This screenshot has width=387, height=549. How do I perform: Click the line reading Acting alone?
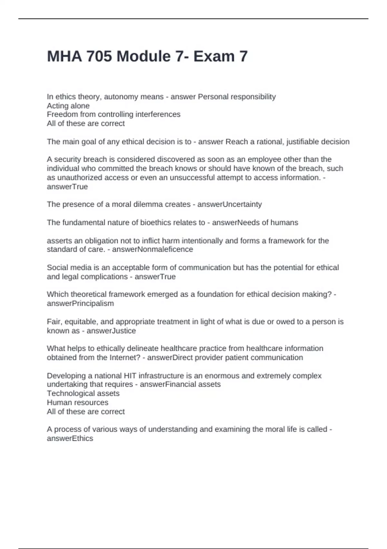pyautogui.click(x=68, y=106)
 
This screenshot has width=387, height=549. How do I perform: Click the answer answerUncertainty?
pyautogui.click(x=229, y=204)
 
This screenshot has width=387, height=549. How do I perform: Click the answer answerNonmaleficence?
pyautogui.click(x=152, y=249)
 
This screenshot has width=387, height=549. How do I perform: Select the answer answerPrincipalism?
pyautogui.click(x=80, y=304)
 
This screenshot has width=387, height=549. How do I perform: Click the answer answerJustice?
pyautogui.click(x=111, y=331)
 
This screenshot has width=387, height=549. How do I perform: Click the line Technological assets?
pyautogui.click(x=83, y=393)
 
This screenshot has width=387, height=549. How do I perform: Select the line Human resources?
pyautogui.click(x=77, y=402)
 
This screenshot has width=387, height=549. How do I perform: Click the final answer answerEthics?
pyautogui.click(x=70, y=439)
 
